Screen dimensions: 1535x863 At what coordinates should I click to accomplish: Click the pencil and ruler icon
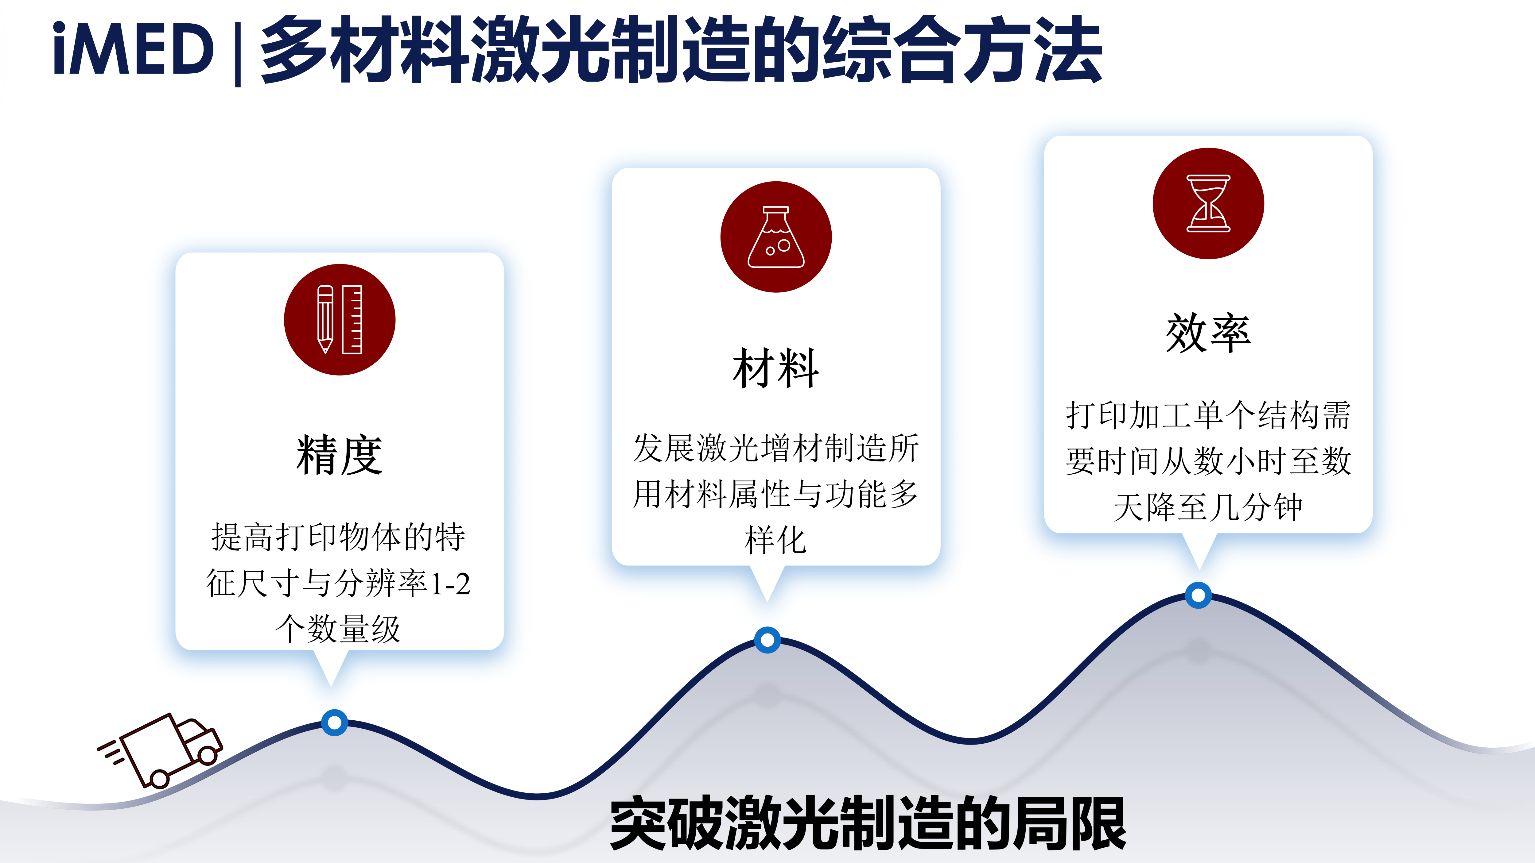tap(340, 320)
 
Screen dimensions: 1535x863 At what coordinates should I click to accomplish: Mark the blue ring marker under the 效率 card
tap(1198, 595)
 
